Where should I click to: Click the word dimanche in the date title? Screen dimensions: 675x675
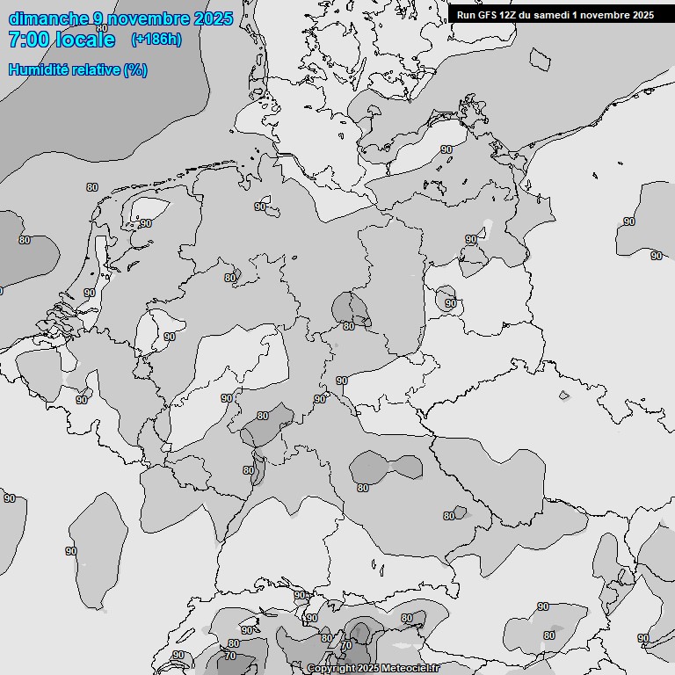point(49,18)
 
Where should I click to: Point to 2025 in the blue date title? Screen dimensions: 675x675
point(214,18)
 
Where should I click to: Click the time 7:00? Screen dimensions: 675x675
point(28,40)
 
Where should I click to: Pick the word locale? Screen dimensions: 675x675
point(84,40)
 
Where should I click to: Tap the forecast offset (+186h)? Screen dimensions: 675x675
point(156,40)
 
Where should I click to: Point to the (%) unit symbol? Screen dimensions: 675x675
point(136,69)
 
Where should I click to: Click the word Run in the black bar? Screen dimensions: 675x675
point(466,15)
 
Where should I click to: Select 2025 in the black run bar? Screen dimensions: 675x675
point(642,15)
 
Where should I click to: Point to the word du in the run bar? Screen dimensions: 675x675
point(526,15)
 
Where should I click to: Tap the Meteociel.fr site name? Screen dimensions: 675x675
point(409,669)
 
